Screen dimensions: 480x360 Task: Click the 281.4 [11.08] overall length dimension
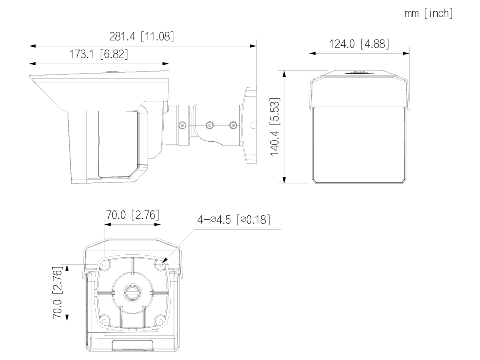pyautogui.click(x=142, y=36)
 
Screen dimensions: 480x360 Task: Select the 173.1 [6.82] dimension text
pyautogui.click(x=98, y=54)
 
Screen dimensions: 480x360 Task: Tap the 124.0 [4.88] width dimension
pyautogui.click(x=359, y=44)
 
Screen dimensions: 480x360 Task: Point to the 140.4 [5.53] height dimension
pyautogui.click(x=275, y=127)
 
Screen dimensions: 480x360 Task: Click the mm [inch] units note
pyautogui.click(x=429, y=13)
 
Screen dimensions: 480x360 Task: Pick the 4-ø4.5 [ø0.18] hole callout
pyautogui.click(x=234, y=220)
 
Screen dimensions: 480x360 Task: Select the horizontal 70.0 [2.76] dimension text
pyautogui.click(x=132, y=215)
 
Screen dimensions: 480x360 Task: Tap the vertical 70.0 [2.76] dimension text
pyautogui.click(x=58, y=293)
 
